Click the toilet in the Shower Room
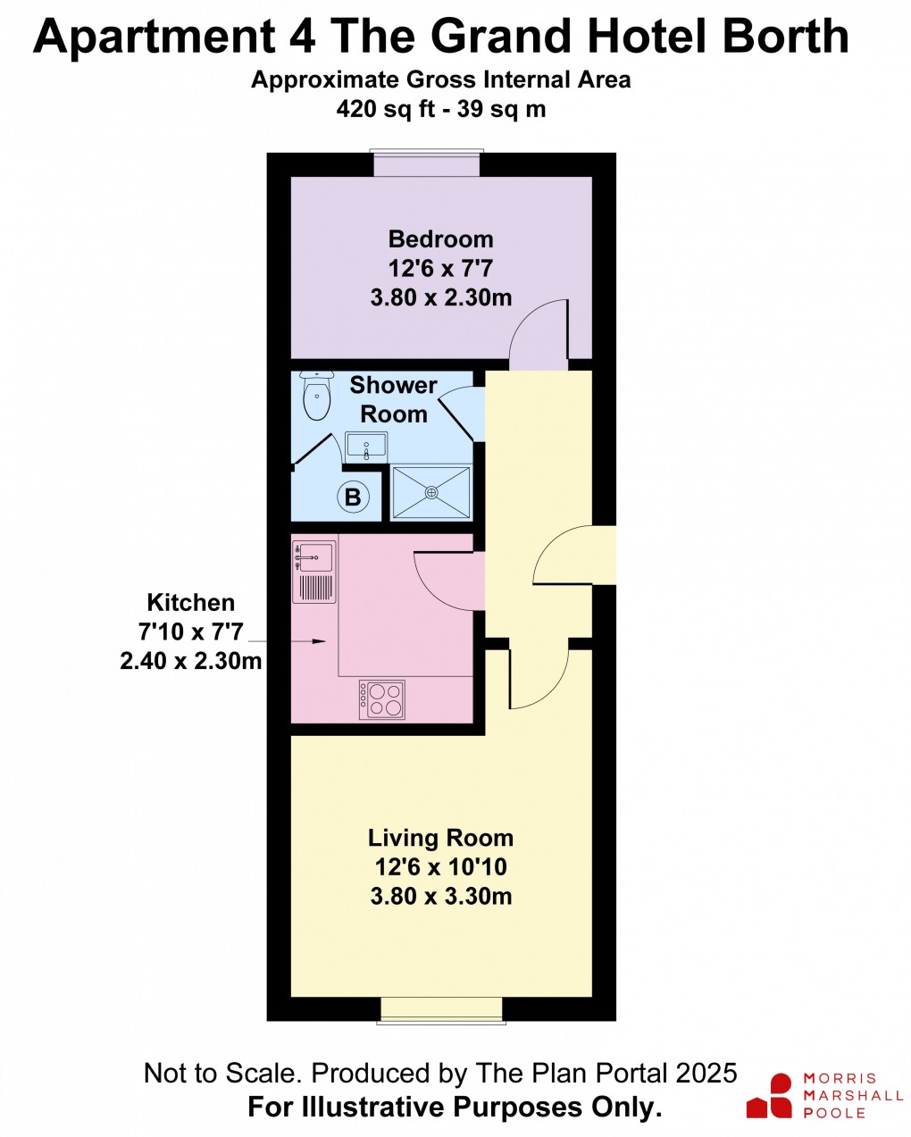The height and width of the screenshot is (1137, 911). coord(316,397)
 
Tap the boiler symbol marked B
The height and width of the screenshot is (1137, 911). coord(353,497)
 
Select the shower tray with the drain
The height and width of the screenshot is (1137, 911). coord(431,491)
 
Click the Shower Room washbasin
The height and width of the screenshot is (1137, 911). coord(366,445)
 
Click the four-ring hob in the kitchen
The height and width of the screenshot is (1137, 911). coord(382,699)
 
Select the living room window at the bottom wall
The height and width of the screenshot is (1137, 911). coord(441,1009)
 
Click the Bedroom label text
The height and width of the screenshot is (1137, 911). coord(440,239)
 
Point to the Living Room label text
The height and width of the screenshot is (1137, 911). coord(440,838)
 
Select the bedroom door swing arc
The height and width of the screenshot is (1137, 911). coord(539,335)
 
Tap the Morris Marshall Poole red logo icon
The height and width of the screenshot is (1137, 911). coord(770,1096)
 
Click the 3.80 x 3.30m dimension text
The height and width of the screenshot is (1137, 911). coord(440,896)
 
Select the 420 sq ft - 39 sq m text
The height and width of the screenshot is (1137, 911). coord(440,109)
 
